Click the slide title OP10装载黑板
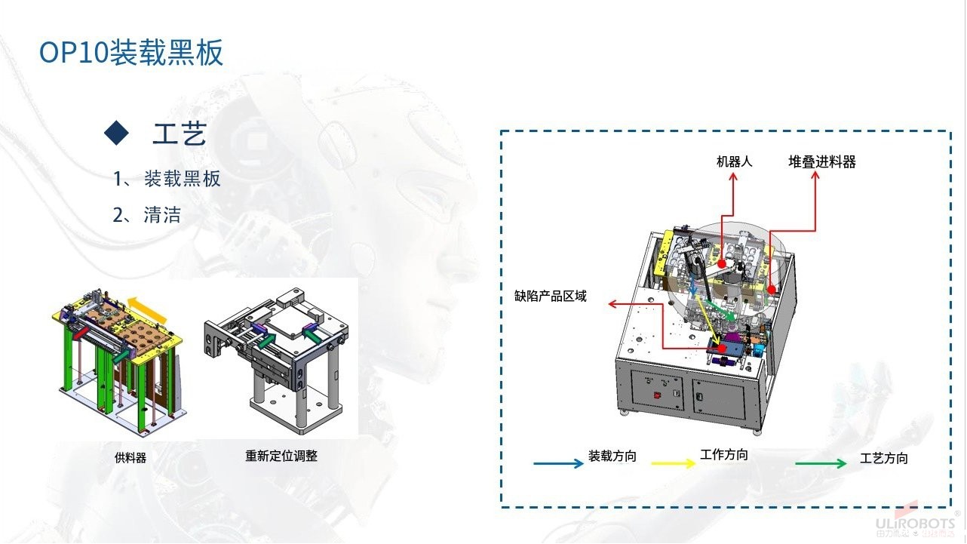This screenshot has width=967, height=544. coord(131,52)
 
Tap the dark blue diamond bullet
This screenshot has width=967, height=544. coord(117,133)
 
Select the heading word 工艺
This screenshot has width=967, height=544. coord(180,134)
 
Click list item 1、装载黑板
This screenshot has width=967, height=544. coord(167,179)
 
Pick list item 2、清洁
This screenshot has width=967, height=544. coord(147,214)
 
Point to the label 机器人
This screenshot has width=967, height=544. coord(734,162)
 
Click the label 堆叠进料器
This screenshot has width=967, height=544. coord(822,162)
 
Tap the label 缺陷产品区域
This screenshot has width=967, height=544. coord(551,297)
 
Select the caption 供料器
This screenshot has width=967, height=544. coord(130,457)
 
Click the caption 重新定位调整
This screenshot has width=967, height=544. coord(281,456)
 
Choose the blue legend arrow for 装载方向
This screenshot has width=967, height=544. coord(558,463)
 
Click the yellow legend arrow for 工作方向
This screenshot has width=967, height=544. coord(674,463)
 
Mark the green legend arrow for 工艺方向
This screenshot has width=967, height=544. coord(821,463)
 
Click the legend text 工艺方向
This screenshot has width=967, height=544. coord(884,458)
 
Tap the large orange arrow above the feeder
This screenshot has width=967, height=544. coord(148,309)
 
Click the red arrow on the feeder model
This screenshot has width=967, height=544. coord(81,333)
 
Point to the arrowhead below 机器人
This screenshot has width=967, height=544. coord(732,177)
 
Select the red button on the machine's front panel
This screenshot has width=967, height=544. coord(658,395)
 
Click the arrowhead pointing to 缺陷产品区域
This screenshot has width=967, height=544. coord(612,304)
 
